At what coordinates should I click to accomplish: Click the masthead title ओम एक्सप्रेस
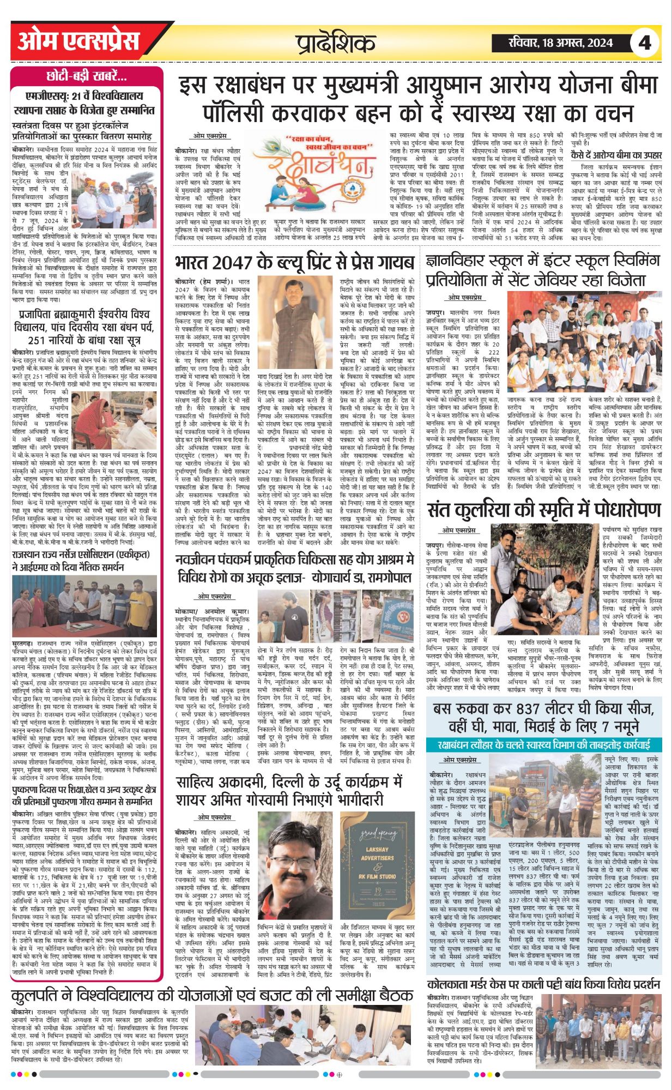(78, 42)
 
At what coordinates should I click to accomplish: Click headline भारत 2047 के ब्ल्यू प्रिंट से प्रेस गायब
(294, 263)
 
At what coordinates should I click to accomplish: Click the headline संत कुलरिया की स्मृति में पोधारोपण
(544, 510)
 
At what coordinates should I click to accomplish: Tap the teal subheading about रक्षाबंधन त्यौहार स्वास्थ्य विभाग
(544, 744)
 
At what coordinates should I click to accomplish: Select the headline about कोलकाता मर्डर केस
(544, 984)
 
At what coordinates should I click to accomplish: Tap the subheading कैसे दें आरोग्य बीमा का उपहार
(616, 155)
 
